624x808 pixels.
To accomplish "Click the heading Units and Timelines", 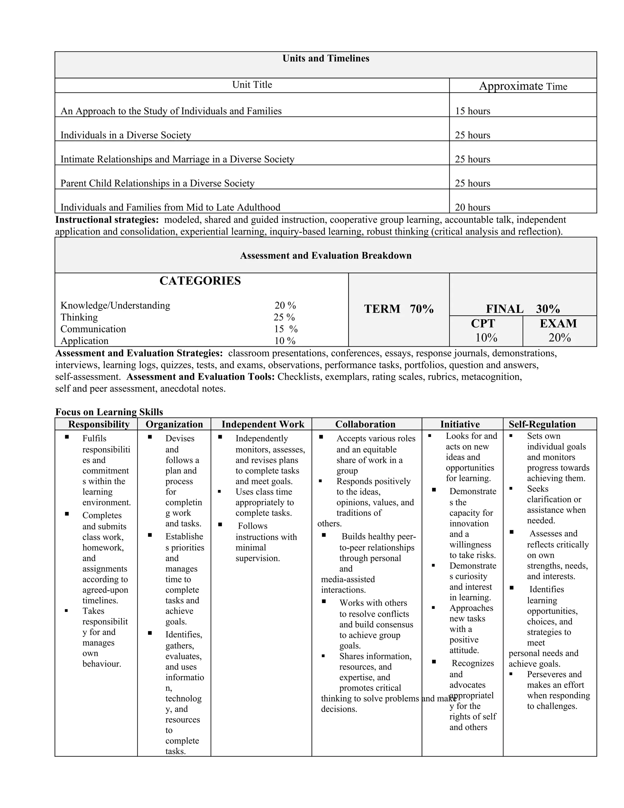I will pyautogui.click(x=326, y=59).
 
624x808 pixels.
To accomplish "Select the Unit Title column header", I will pyautogui.click(x=252, y=85).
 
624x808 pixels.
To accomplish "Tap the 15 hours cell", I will pyautogui.click(x=473, y=111).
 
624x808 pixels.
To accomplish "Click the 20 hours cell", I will pyautogui.click(x=473, y=207).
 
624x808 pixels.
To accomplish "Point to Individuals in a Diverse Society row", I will pyautogui.click(x=126, y=135).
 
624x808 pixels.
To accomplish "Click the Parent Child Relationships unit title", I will pyautogui.click(x=158, y=183).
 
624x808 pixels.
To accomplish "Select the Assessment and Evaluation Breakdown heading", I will pyautogui.click(x=326, y=256).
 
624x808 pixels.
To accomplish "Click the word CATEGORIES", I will pyautogui.click(x=200, y=281).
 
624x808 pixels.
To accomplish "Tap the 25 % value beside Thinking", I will pyautogui.click(x=284, y=317).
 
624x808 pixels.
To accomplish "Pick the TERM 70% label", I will pyautogui.click(x=399, y=309).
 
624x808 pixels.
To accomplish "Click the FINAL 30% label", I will pyautogui.click(x=523, y=309).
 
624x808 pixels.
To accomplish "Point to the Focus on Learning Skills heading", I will pyautogui.click(x=109, y=412).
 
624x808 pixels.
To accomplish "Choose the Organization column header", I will pyautogui.click(x=174, y=424).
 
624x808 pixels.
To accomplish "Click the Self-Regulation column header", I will pyautogui.click(x=542, y=424).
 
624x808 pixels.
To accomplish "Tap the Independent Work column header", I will pyautogui.click(x=263, y=424).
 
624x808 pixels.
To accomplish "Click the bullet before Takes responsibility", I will pyautogui.click(x=66, y=611).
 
